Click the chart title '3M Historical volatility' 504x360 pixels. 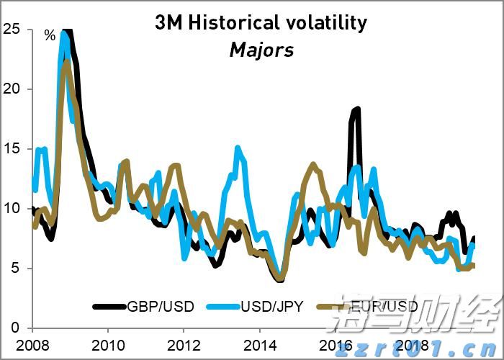261,23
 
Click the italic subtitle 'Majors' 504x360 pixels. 261,50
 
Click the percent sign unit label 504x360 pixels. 50,35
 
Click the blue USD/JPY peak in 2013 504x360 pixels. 238,148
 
